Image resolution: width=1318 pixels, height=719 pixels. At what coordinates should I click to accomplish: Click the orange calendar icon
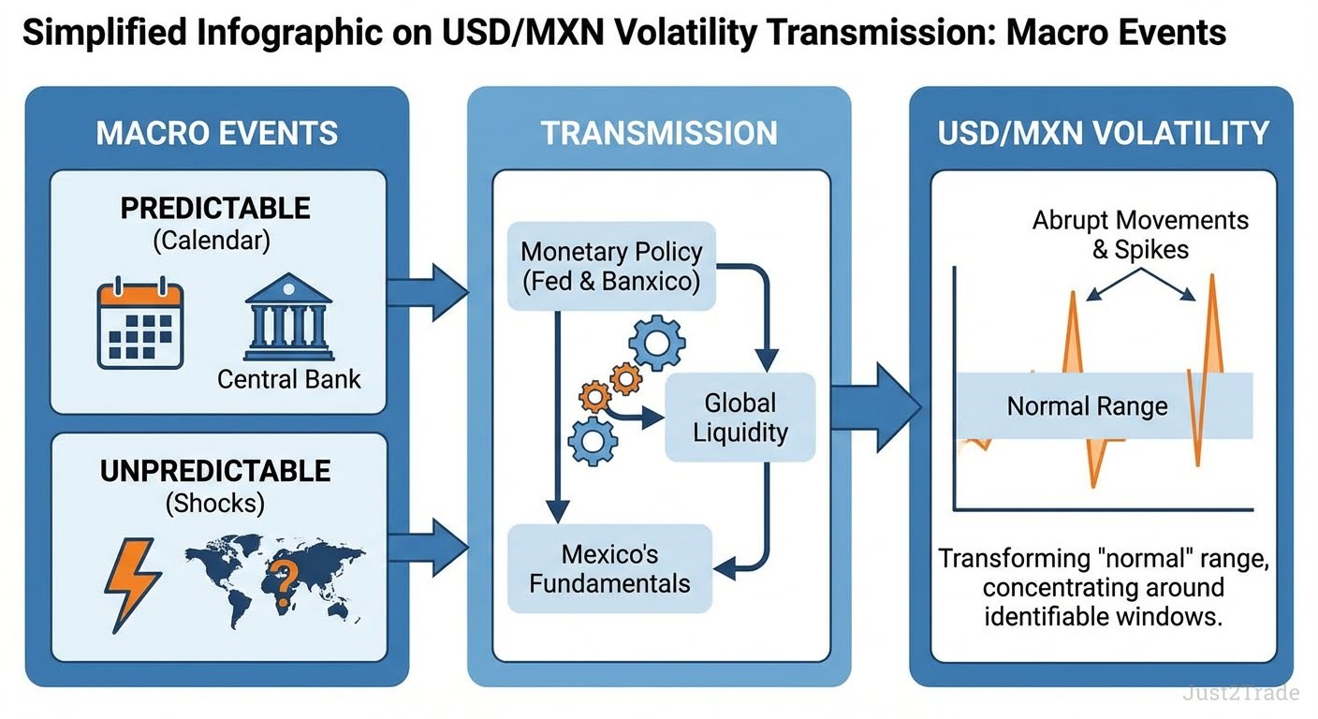pyautogui.click(x=140, y=323)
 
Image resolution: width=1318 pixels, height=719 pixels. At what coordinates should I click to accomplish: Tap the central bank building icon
pyautogui.click(x=288, y=318)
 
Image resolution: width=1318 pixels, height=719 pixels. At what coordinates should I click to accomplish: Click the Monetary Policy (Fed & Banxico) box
pyautogui.click(x=611, y=266)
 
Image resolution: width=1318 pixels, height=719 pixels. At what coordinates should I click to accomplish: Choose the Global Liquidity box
pyautogui.click(x=740, y=418)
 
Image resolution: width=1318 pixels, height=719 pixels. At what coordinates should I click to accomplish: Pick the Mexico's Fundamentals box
pyautogui.click(x=609, y=568)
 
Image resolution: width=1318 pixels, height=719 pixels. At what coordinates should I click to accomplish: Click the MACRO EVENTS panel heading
pyautogui.click(x=216, y=133)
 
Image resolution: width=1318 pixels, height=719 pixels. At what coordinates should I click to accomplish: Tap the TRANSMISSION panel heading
pyautogui.click(x=659, y=133)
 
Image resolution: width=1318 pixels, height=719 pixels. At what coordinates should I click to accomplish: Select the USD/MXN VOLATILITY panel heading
pyautogui.click(x=1103, y=133)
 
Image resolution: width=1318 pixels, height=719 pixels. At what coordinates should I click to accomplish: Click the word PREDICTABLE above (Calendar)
pyautogui.click(x=214, y=208)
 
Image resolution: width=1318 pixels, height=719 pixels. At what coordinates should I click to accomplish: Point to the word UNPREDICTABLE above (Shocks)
pyautogui.click(x=215, y=470)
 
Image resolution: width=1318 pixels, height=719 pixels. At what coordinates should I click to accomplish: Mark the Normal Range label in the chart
pyautogui.click(x=1087, y=406)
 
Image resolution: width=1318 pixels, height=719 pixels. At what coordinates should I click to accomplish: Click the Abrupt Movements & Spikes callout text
pyautogui.click(x=1140, y=235)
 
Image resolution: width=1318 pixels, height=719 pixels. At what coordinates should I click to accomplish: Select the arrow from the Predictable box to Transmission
pyautogui.click(x=426, y=292)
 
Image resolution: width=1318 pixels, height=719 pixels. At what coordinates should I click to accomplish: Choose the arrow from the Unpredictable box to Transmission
pyautogui.click(x=426, y=546)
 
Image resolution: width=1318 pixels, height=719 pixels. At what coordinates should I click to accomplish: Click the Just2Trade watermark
pyautogui.click(x=1240, y=694)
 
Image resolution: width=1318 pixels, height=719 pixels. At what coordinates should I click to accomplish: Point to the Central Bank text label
pyautogui.click(x=288, y=379)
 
